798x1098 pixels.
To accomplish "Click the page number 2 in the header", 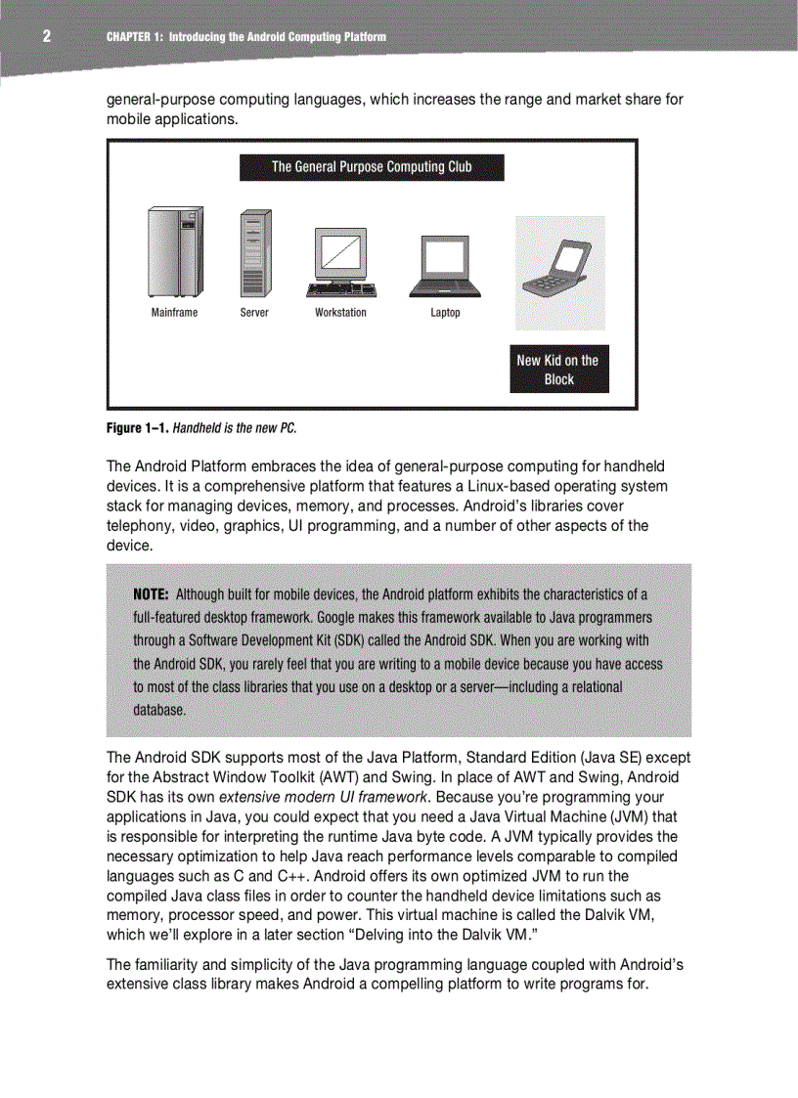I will coord(45,37).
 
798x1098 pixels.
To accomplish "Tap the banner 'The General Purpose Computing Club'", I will coord(372,167).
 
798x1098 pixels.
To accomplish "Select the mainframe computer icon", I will coord(175,252).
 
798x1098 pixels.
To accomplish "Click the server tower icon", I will coord(254,253).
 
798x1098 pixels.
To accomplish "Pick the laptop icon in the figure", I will coord(445,266).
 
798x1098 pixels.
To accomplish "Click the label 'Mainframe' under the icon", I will coord(174,313).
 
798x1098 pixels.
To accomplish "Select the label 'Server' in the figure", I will coord(254,313).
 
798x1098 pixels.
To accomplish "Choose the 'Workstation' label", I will coord(340,313).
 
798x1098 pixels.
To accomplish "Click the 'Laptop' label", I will coord(445,313).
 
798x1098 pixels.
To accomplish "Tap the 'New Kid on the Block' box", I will coord(558,370).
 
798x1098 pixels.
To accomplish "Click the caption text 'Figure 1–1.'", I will coord(137,428).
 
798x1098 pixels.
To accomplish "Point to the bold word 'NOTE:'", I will coord(152,594).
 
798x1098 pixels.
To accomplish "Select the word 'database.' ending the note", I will coord(158,710).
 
